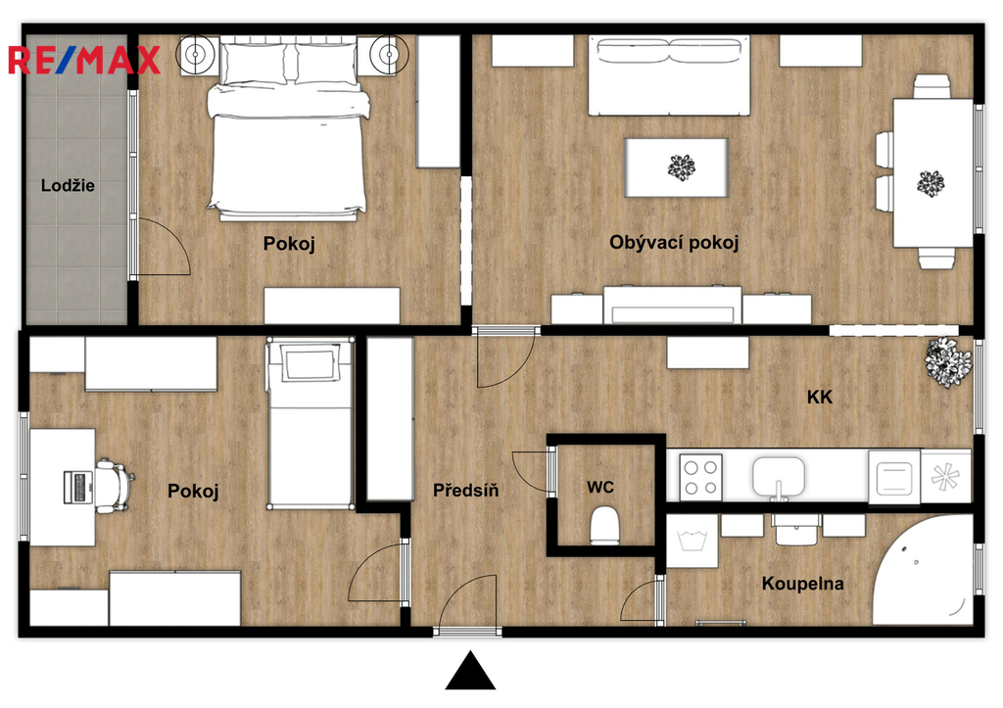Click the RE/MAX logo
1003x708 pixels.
click(x=84, y=60)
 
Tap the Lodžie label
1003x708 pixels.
click(x=68, y=186)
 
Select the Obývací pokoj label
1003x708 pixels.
click(x=674, y=243)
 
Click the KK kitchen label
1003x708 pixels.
click(x=820, y=398)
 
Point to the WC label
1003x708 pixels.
click(x=600, y=488)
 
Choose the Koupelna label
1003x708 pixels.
click(x=802, y=584)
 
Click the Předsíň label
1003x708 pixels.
click(x=465, y=491)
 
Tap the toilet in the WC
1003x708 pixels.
click(x=604, y=526)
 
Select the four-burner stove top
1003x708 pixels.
click(x=700, y=478)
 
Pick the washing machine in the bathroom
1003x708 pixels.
click(x=693, y=542)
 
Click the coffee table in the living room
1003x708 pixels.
click(x=676, y=167)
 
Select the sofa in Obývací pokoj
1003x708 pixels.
click(x=669, y=75)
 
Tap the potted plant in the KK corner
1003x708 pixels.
click(x=947, y=362)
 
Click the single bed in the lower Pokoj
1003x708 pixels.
click(x=310, y=423)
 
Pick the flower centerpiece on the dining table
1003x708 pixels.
click(x=931, y=183)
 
